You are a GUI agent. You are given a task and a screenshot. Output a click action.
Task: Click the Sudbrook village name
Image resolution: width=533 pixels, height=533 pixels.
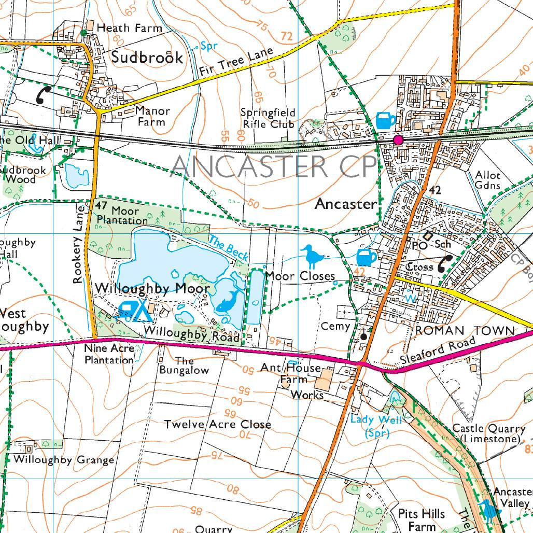[147, 57]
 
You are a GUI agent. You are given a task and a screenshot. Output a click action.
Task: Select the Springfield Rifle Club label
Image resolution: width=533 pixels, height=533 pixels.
[269, 118]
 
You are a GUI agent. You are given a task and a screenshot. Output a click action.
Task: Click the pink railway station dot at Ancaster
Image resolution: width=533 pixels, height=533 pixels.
[398, 140]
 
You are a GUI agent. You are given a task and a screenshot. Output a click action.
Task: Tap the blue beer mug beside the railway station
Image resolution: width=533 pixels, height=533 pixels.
[385, 120]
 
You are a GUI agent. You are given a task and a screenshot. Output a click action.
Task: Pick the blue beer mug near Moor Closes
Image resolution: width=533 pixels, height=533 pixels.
[367, 257]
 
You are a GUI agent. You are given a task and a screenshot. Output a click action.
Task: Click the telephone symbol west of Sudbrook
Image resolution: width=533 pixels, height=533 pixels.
[44, 95]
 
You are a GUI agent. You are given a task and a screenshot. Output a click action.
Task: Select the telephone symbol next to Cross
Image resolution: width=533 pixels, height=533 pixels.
[445, 263]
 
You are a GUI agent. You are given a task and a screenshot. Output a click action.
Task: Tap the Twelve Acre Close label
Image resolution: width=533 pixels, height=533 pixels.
[218, 425]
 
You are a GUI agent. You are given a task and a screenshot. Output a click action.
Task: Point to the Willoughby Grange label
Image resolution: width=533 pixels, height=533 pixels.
[64, 460]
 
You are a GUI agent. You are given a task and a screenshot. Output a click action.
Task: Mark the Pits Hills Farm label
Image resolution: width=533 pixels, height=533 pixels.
[422, 520]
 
